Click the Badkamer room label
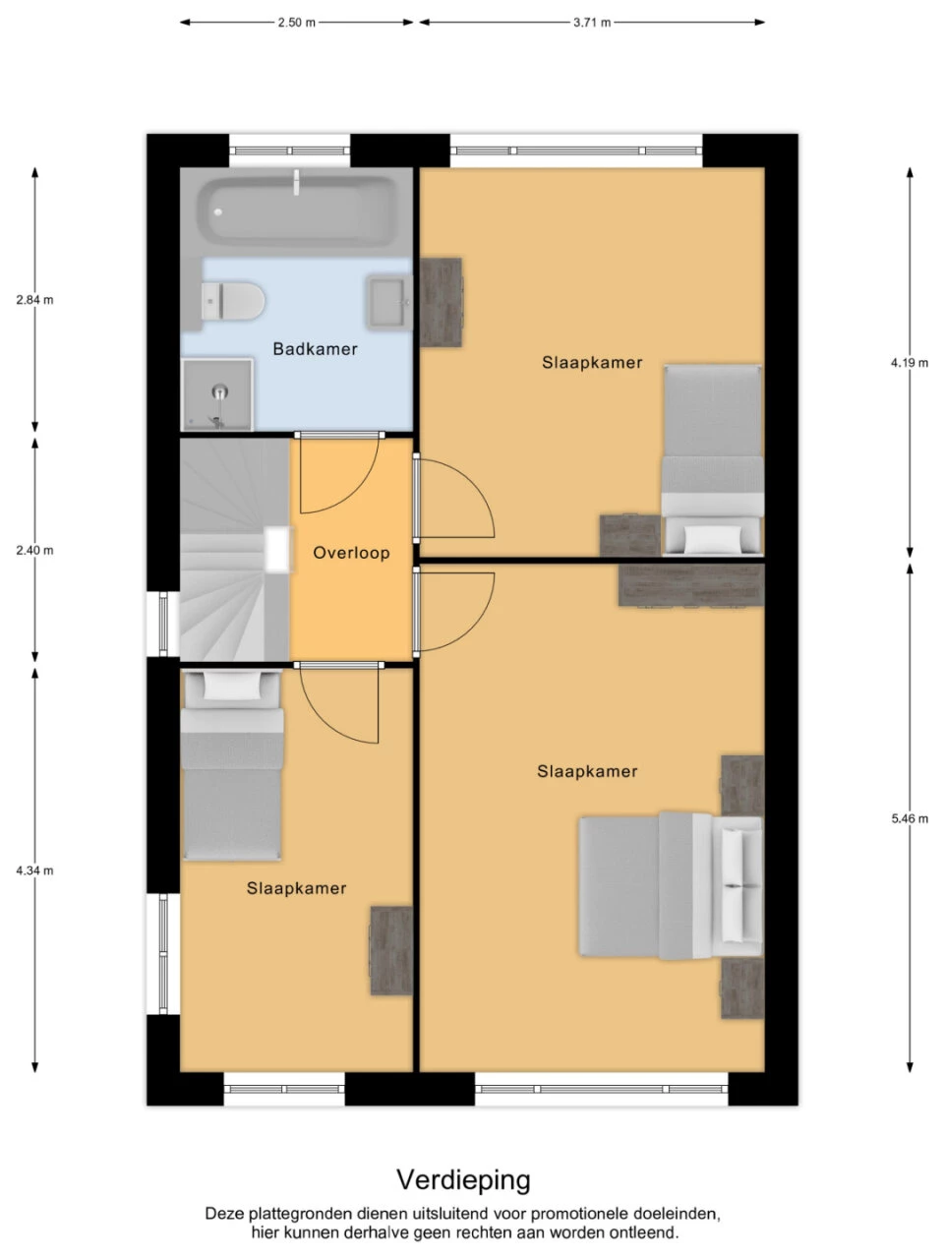[x=315, y=349]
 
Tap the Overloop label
[x=351, y=553]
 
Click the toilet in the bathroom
[x=233, y=301]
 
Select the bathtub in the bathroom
[x=297, y=210]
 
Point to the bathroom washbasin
[x=389, y=302]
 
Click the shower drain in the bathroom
[x=219, y=392]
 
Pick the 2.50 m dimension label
[x=296, y=23]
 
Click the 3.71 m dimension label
[x=592, y=23]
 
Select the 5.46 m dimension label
[x=909, y=819]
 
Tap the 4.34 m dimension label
[x=34, y=870]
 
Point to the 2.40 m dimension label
[x=34, y=551]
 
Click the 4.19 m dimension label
[x=909, y=363]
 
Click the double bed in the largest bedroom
[x=671, y=886]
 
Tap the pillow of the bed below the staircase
[x=231, y=686]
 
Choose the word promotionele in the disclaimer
[x=580, y=1215]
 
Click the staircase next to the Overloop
[x=234, y=550]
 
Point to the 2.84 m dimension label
[x=34, y=300]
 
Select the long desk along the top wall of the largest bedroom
[x=691, y=584]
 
